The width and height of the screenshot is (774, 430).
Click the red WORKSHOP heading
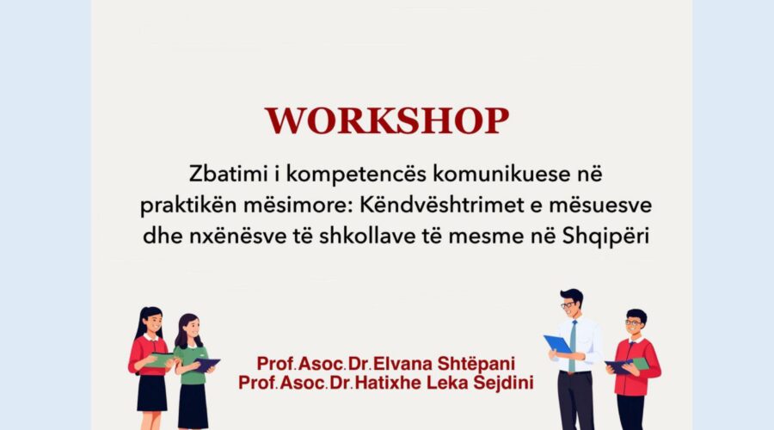coord(386,120)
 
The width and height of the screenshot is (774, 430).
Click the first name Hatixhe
coord(388,383)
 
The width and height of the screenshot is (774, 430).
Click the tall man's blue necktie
coord(572,346)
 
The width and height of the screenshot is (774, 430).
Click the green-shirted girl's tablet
coord(206,365)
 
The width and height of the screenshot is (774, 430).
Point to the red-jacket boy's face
coord(635,325)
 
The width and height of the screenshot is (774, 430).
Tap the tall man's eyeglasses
coord(568,304)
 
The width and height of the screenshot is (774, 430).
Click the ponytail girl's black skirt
coord(151,393)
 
